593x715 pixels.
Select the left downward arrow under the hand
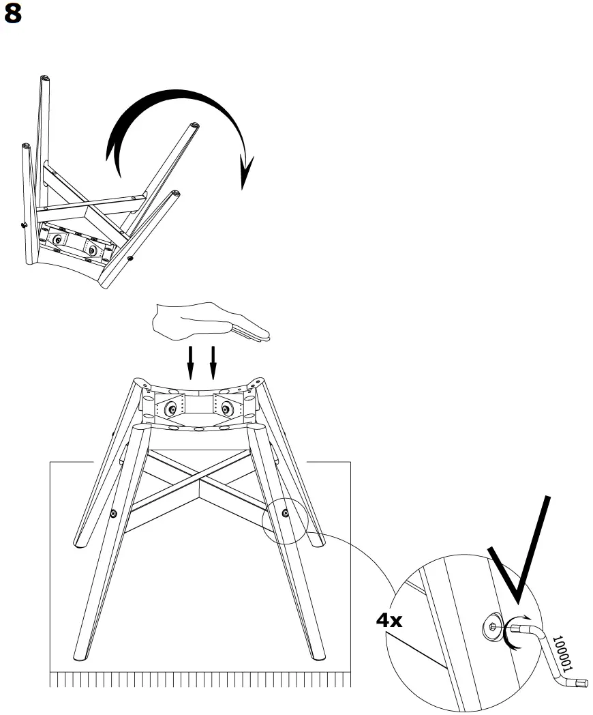pyautogui.click(x=191, y=362)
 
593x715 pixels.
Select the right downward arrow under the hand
pyautogui.click(x=213, y=362)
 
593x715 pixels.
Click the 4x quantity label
pyautogui.click(x=390, y=620)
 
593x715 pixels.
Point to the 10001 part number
pyautogui.click(x=562, y=654)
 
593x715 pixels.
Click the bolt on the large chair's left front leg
pyautogui.click(x=113, y=513)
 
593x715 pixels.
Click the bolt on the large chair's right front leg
pyautogui.click(x=285, y=512)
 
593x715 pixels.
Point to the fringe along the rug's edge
pyautogui.click(x=198, y=680)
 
